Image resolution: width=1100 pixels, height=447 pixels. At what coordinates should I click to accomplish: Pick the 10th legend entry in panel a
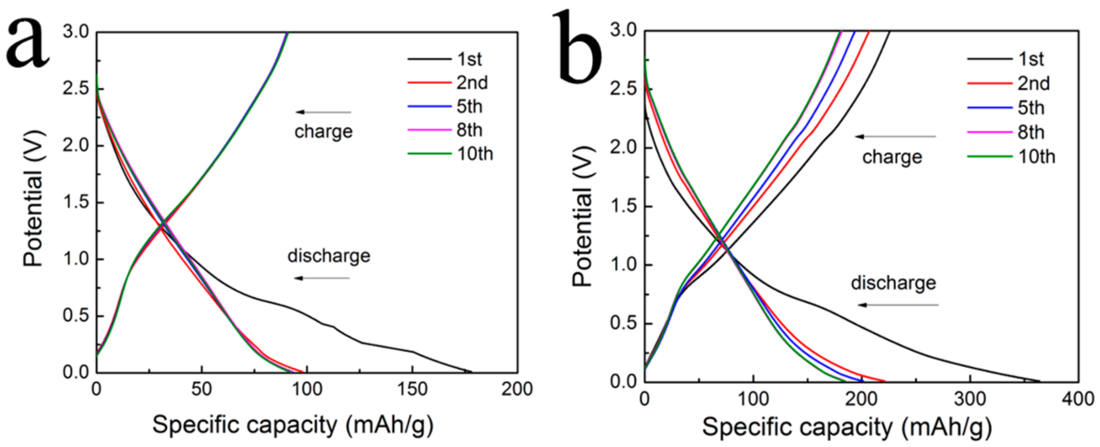point(474,154)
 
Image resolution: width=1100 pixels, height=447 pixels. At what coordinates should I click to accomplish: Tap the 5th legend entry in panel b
point(1030,108)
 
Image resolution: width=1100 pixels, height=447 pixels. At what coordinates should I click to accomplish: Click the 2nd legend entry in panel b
point(1033,83)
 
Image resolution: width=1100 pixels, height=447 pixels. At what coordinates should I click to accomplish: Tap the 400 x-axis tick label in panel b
point(1078,399)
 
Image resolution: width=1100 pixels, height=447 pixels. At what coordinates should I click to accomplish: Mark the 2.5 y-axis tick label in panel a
point(76,89)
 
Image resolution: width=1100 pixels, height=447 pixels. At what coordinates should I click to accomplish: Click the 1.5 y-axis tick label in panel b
point(623,207)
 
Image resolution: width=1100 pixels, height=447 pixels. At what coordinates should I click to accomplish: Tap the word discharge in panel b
point(893,283)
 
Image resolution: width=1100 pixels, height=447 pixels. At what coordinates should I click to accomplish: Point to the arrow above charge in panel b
point(895,137)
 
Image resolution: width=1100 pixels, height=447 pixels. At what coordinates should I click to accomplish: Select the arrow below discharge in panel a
point(322,278)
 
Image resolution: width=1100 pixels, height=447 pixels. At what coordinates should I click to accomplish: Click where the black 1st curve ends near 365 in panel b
point(1039,381)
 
